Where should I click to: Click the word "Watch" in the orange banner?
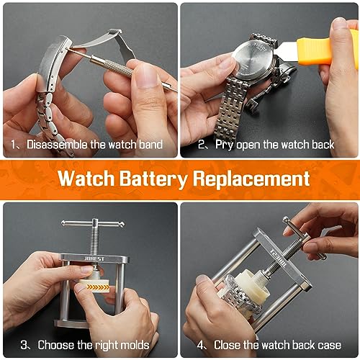(x=86, y=179)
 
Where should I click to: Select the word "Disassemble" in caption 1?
(x=57, y=144)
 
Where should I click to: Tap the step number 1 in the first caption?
(x=14, y=144)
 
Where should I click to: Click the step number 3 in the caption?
(x=24, y=345)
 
